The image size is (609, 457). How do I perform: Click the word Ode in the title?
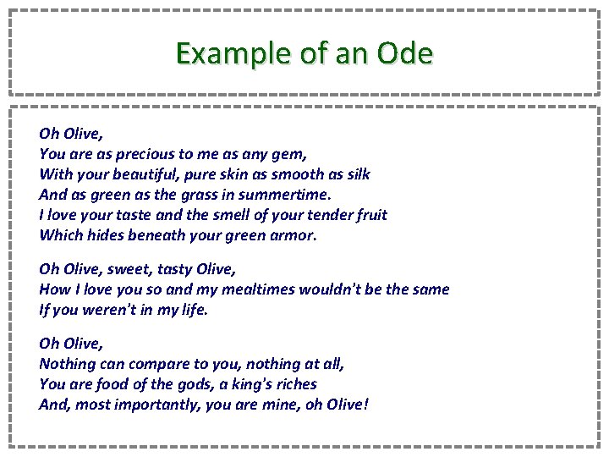click(405, 53)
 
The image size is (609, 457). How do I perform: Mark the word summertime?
click(280, 195)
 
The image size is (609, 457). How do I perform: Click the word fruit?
click(369, 215)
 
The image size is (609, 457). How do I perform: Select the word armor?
click(294, 235)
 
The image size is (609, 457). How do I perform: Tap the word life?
click(193, 310)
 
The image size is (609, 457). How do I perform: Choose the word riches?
click(293, 384)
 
